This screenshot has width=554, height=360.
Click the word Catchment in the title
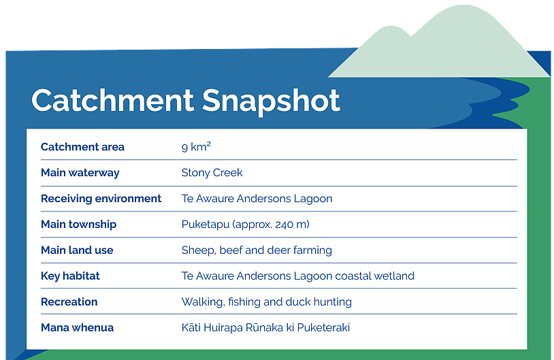(x=112, y=100)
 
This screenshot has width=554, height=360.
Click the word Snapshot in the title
(x=271, y=103)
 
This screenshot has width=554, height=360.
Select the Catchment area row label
(x=82, y=147)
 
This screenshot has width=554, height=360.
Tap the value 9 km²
(x=196, y=146)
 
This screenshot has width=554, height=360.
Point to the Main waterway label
(x=80, y=173)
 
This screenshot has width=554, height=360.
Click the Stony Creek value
(x=212, y=173)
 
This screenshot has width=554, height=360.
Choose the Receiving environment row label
(x=101, y=199)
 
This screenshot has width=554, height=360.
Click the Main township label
(x=78, y=225)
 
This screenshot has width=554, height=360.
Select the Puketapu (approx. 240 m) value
(x=246, y=225)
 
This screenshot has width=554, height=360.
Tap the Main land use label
(x=77, y=250)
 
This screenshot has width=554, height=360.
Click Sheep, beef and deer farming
(x=257, y=250)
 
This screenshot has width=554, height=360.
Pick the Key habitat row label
(x=70, y=276)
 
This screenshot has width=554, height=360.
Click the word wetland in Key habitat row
(x=394, y=276)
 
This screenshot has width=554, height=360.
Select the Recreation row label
(x=69, y=301)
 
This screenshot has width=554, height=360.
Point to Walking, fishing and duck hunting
(x=267, y=301)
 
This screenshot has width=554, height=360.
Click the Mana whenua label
(x=78, y=327)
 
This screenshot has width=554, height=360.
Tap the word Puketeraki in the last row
(x=323, y=327)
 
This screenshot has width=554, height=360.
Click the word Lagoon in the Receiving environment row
(x=312, y=199)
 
